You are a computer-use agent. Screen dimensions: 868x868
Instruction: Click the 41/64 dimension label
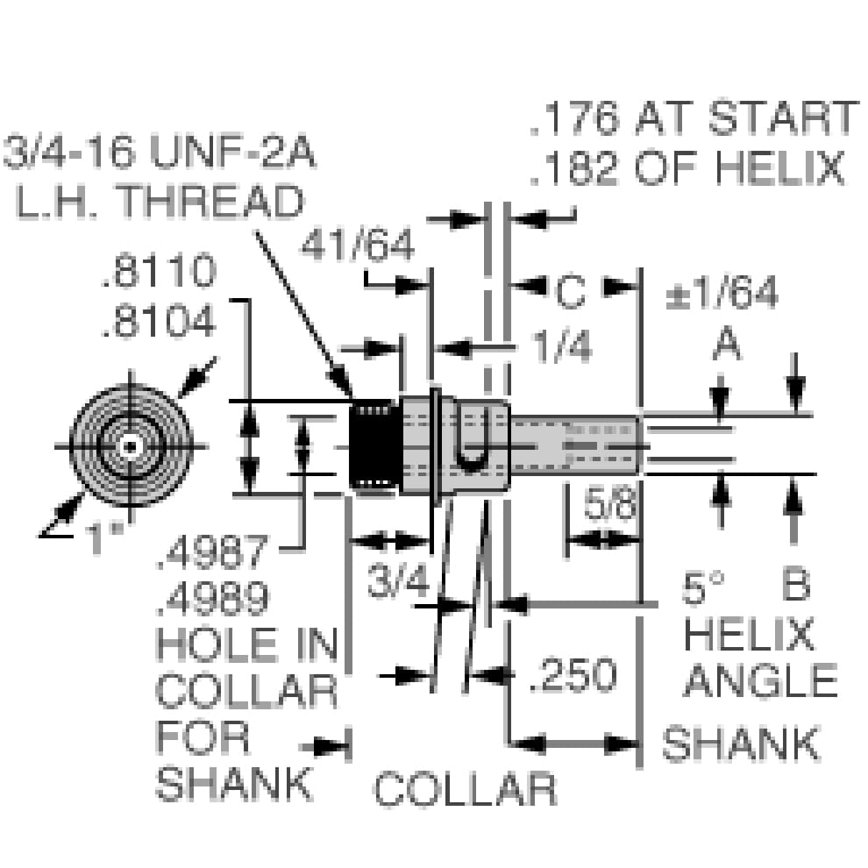coord(357,244)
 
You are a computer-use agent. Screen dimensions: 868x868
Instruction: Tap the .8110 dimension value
coord(159,270)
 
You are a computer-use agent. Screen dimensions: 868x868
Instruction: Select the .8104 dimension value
coord(159,320)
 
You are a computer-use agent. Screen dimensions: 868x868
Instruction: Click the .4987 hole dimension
coord(213,551)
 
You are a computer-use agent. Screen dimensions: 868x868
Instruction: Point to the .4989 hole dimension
coord(213,599)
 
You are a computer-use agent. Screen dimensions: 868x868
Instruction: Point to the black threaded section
coord(376,446)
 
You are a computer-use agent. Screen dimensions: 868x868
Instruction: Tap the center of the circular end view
coord(131,446)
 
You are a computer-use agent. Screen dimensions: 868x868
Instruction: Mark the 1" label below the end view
coord(105,537)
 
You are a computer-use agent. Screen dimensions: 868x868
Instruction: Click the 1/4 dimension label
coord(562,346)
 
